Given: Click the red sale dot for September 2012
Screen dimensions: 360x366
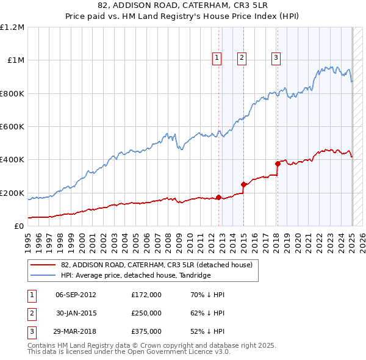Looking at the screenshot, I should pyautogui.click(x=218, y=197).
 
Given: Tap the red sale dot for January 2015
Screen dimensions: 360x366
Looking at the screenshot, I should pyautogui.click(x=243, y=184).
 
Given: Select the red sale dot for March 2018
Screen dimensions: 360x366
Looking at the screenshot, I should pyautogui.click(x=277, y=164).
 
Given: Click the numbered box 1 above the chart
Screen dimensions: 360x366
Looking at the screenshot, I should pyautogui.click(x=217, y=58).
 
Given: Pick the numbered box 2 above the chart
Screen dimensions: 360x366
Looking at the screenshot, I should pyautogui.click(x=242, y=58).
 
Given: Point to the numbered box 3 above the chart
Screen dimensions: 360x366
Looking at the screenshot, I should pyautogui.click(x=276, y=58).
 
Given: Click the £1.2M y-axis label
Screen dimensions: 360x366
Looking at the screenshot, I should pyautogui.click(x=12, y=27).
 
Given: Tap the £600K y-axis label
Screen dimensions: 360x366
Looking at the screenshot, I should pyautogui.click(x=12, y=127).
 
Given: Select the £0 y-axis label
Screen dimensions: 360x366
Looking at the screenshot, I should pyautogui.click(x=20, y=226).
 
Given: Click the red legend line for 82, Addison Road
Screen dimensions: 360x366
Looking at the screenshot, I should pyautogui.click(x=44, y=265).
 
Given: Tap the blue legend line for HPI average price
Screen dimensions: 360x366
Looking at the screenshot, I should pyautogui.click(x=44, y=276).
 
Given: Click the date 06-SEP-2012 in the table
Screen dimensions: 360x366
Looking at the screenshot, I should pyautogui.click(x=76, y=295).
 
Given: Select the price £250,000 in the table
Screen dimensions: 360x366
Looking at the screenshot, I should pyautogui.click(x=146, y=313).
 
